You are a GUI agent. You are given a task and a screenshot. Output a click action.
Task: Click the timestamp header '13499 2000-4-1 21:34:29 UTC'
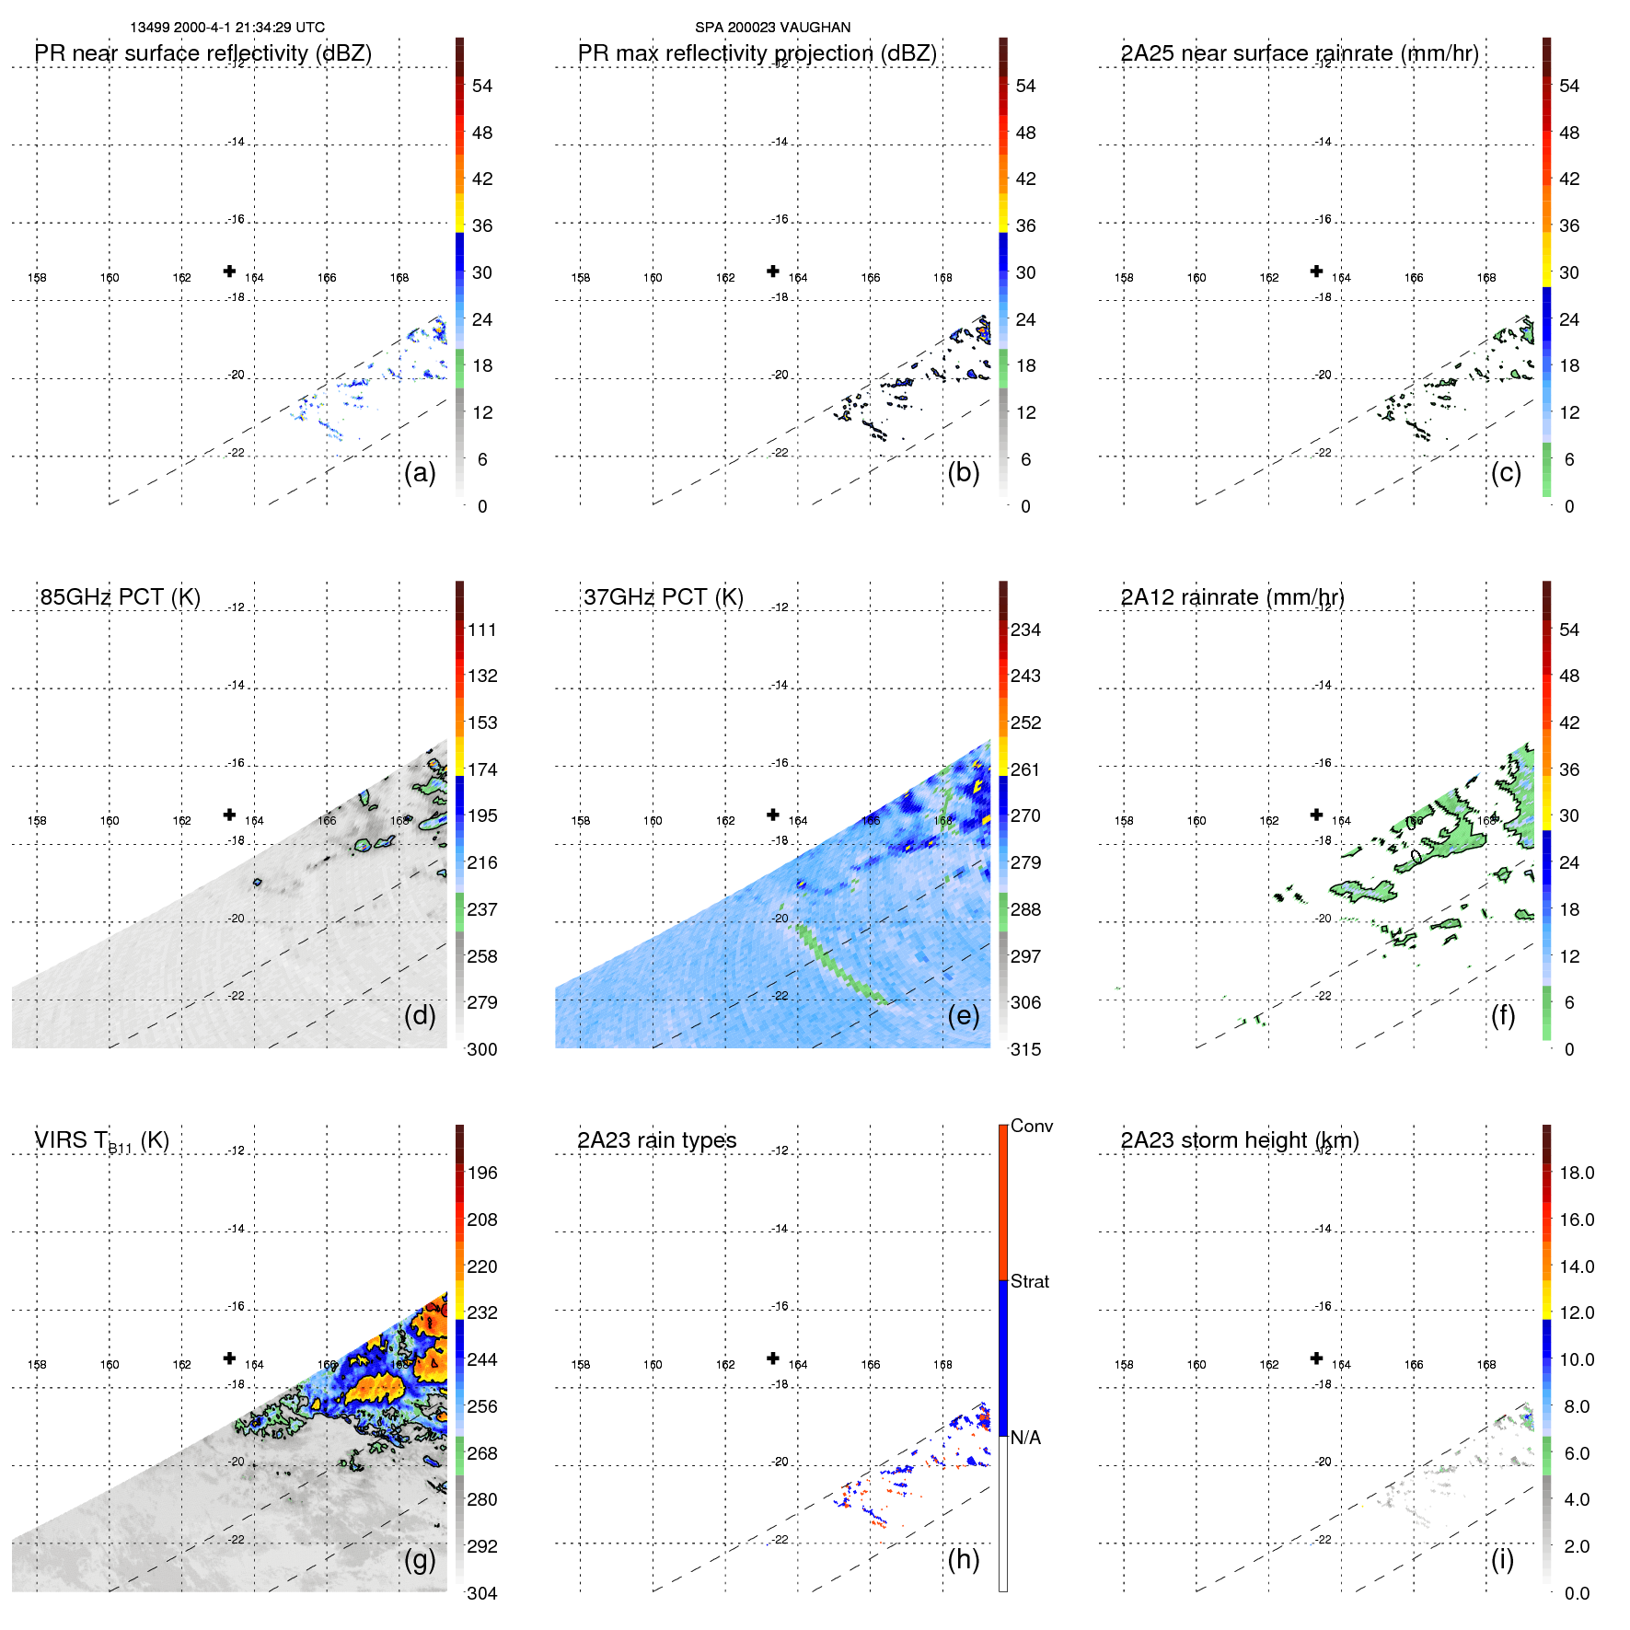click(227, 28)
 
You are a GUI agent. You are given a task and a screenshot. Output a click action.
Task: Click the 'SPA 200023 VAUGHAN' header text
click(772, 28)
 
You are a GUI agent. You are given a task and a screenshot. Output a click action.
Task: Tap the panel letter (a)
click(420, 473)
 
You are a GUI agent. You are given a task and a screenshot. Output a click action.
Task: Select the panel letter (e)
click(963, 1016)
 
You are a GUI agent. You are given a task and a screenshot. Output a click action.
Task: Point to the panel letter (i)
click(1502, 1559)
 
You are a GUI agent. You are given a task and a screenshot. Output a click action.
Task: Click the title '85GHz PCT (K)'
click(120, 597)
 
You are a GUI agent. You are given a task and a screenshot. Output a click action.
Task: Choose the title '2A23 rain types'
click(656, 1140)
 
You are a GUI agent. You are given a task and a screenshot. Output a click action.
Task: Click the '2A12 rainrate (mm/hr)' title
click(1231, 597)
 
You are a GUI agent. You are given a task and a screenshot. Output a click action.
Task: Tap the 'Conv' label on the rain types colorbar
click(1032, 1126)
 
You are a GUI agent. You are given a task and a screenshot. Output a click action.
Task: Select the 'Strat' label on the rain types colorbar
click(1030, 1281)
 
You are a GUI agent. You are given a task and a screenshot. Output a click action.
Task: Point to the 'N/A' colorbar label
click(1025, 1438)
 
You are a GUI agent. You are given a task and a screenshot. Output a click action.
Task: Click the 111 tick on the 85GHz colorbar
click(482, 630)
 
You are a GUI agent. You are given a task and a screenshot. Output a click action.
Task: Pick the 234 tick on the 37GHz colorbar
click(1025, 630)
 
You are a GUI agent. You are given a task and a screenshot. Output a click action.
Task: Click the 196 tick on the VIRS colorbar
click(482, 1173)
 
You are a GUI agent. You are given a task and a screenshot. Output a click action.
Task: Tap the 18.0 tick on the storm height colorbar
click(1577, 1173)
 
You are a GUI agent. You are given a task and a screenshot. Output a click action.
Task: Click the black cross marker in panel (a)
click(229, 271)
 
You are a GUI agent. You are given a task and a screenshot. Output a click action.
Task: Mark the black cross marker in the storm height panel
click(1316, 1358)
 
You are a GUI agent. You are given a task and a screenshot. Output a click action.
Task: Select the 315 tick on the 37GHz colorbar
click(1025, 1050)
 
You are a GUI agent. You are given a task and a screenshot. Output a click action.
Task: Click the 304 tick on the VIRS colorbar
click(482, 1593)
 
